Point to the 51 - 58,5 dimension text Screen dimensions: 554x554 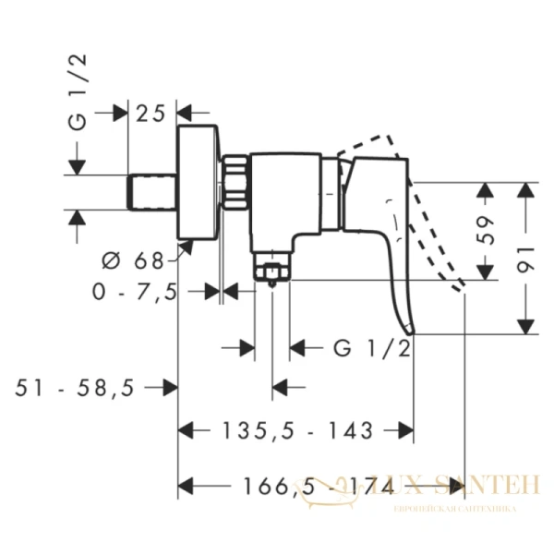76,388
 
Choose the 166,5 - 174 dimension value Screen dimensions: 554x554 296,484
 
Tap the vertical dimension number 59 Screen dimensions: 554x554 487,231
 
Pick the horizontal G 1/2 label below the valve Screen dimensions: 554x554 370,348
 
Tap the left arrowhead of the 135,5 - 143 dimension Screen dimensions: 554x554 186,430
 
